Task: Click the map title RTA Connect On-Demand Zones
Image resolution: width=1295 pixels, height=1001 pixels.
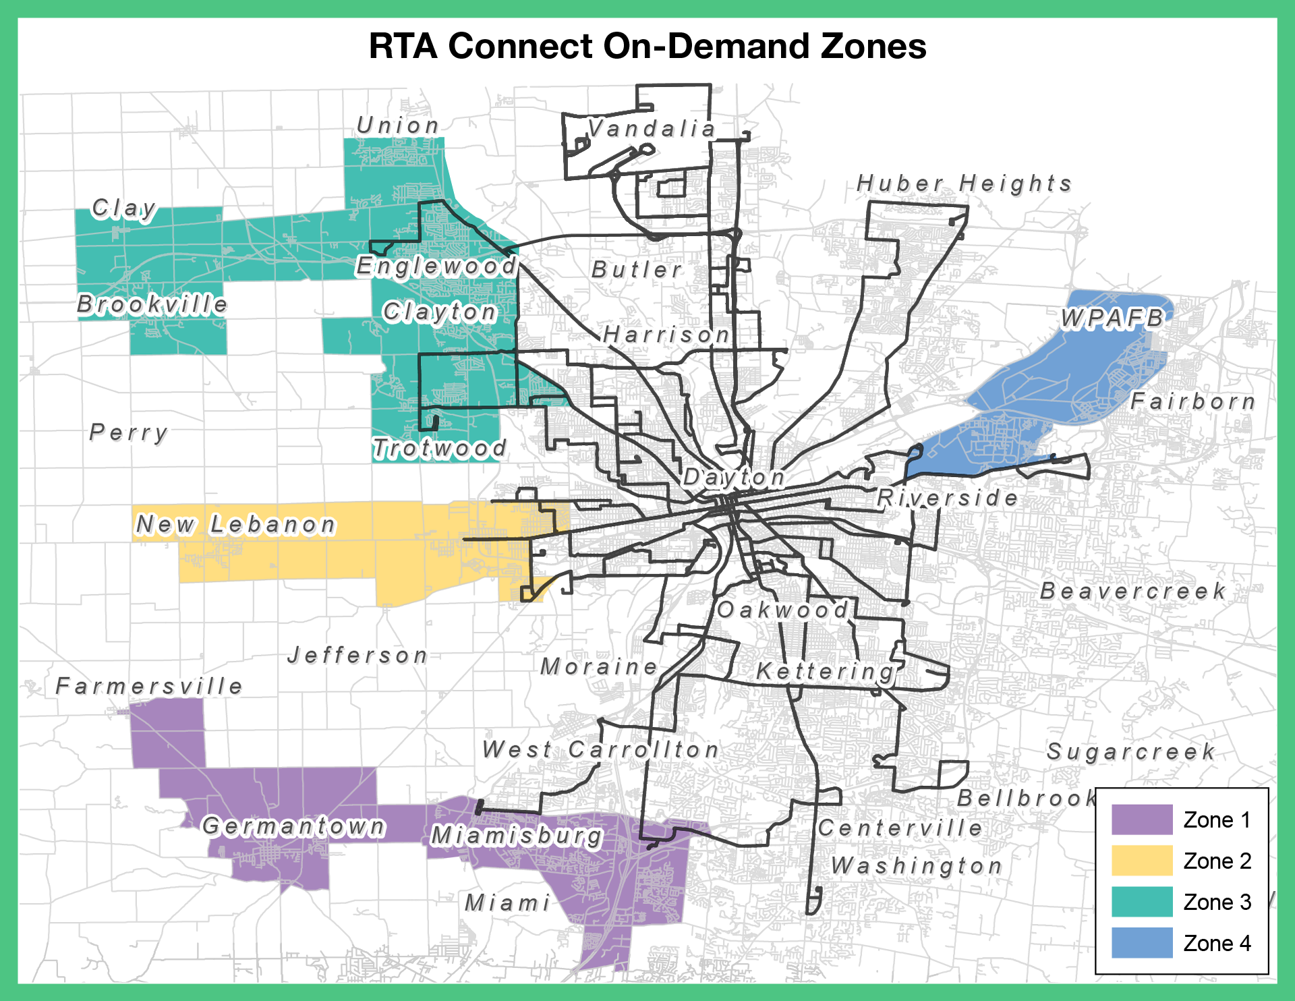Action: click(647, 47)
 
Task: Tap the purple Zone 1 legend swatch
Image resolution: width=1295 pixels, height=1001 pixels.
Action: click(1142, 820)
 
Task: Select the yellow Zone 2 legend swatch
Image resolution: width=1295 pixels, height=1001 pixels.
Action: click(1142, 861)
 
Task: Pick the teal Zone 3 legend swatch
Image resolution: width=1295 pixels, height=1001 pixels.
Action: click(1142, 902)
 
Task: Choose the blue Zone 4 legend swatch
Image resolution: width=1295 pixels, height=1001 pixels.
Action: click(1142, 943)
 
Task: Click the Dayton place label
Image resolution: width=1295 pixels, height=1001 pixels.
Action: click(734, 478)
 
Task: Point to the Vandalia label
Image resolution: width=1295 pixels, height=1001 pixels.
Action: click(651, 128)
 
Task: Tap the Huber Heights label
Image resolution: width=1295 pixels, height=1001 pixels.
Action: click(964, 183)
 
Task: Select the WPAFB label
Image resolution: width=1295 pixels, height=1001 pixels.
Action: click(1112, 318)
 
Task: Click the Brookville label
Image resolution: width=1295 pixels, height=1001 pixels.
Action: click(152, 304)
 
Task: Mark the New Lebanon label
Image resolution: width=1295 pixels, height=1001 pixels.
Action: click(235, 524)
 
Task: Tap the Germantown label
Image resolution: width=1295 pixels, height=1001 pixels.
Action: click(293, 826)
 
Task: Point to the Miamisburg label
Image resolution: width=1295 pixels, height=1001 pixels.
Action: click(516, 836)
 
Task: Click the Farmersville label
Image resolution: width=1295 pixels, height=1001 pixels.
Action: click(149, 687)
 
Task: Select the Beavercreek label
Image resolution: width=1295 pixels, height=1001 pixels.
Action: click(1132, 592)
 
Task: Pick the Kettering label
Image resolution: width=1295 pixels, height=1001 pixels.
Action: click(825, 671)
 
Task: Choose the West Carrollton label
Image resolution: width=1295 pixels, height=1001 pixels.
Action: click(600, 749)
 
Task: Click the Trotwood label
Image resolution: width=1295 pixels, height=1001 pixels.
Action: click(439, 448)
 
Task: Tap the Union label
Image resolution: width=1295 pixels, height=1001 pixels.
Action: click(398, 125)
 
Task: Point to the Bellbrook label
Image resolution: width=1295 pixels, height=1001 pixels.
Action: click(1026, 799)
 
